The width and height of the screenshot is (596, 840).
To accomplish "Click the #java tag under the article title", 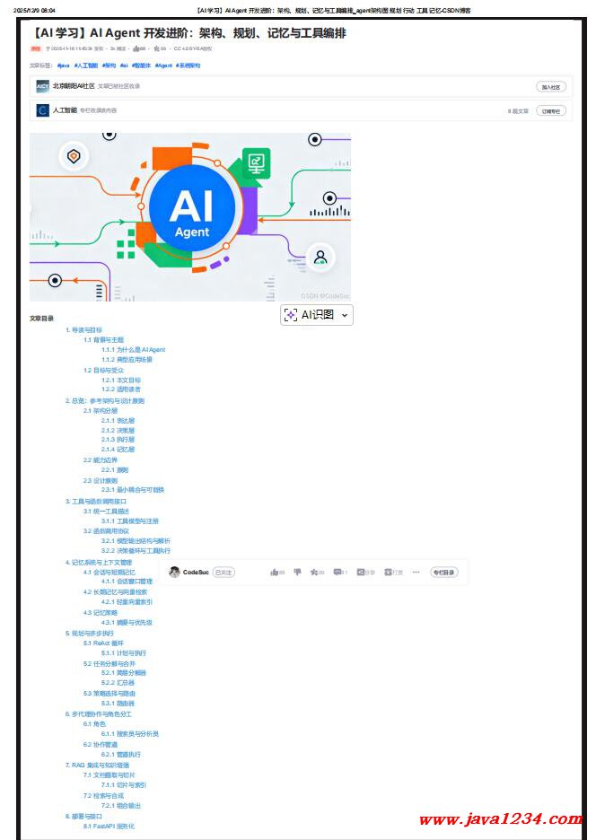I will coord(63,66).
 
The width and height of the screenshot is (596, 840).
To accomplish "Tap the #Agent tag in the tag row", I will coord(162,66).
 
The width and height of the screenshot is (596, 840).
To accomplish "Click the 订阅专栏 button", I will coord(551,110).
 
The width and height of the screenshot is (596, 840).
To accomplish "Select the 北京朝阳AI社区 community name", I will coord(73,86).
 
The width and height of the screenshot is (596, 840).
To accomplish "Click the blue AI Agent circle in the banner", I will coord(191,212).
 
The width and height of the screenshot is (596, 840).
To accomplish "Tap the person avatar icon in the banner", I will coord(320,258).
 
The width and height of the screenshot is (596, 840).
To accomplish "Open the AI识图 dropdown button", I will coord(316,315).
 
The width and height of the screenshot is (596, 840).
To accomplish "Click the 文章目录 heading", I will coord(41,318).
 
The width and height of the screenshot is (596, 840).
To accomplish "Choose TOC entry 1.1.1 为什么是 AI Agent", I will coord(133,350).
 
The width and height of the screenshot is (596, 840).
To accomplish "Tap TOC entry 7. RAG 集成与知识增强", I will coord(103,766).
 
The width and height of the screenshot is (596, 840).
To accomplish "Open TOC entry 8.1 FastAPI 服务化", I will coord(109,827).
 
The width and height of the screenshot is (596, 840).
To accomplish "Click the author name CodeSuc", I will coord(196,573).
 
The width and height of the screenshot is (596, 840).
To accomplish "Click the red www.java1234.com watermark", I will coord(500,819).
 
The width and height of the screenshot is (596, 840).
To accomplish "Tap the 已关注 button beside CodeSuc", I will coord(223,573).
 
